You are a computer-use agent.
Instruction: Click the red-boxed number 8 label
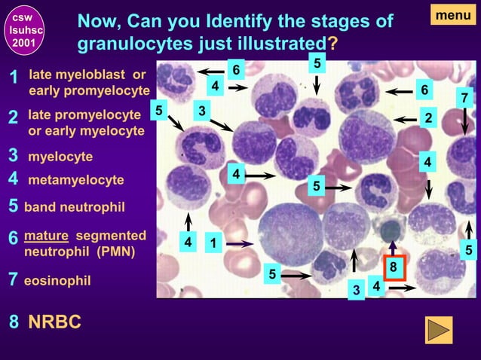[x=392, y=267]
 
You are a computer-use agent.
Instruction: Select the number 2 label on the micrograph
[x=428, y=118]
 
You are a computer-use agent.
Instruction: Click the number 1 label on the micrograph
[x=213, y=243]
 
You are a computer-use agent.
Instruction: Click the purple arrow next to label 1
[x=240, y=243]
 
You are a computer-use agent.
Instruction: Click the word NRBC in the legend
[x=54, y=322]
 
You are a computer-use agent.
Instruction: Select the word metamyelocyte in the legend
[x=75, y=181]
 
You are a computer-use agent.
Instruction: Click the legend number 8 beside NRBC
[x=14, y=322]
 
